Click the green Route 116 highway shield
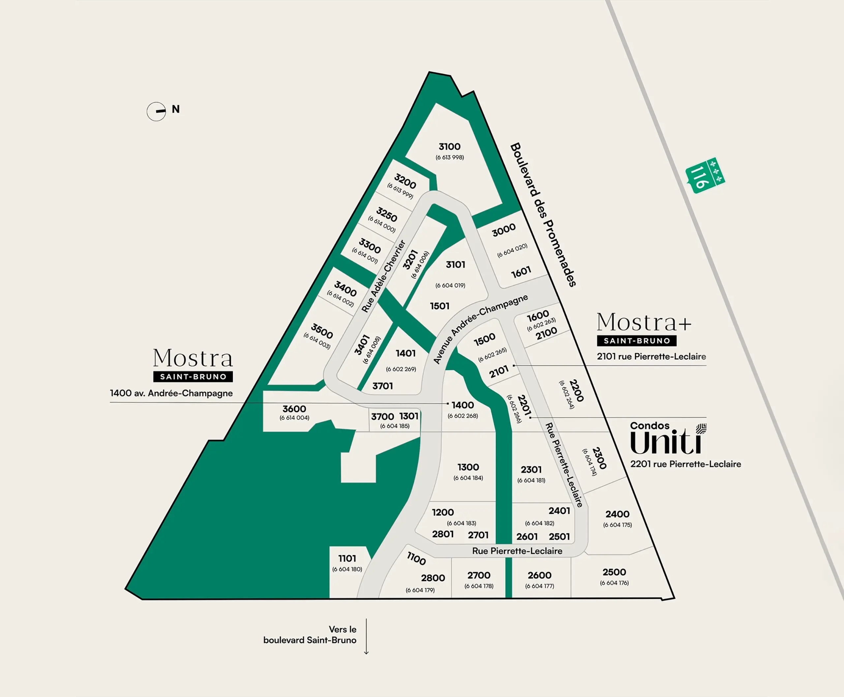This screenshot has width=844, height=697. pos(705,175)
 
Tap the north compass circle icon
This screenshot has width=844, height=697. pos(156,112)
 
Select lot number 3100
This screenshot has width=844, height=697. pos(449,146)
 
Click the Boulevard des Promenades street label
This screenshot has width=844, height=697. pos(543,215)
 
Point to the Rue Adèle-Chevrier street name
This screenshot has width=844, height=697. pos(383,276)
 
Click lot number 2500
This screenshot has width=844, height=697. pos(614,572)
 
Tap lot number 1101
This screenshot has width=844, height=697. pos(347,558)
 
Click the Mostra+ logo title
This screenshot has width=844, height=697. pos(644,322)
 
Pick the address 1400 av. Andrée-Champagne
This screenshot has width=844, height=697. pos(171,393)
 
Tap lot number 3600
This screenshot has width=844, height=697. pos(294,409)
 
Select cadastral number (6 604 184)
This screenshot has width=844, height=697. pos(468,478)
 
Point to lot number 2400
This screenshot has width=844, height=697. pos(617,514)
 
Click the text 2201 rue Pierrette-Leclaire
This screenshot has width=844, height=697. pos(685,464)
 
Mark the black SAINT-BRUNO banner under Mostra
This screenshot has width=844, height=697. pos(193,377)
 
